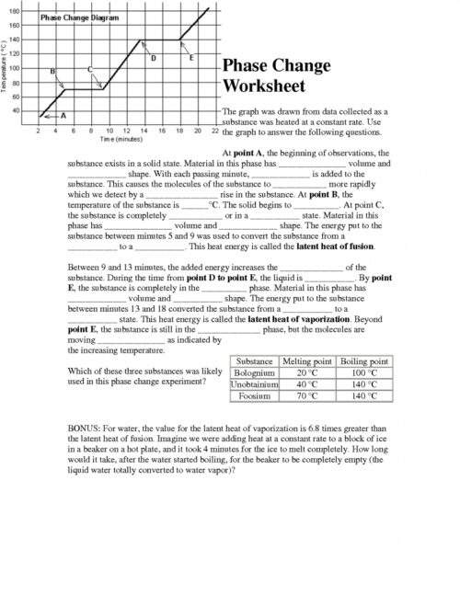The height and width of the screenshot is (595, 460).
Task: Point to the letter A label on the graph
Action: (63, 116)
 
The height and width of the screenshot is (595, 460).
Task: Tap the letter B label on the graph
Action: (52, 71)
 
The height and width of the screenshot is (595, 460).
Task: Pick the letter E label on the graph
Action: (190, 58)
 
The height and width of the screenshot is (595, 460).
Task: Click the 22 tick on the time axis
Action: (213, 131)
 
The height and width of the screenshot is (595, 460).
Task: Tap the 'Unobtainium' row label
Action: (253, 384)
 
